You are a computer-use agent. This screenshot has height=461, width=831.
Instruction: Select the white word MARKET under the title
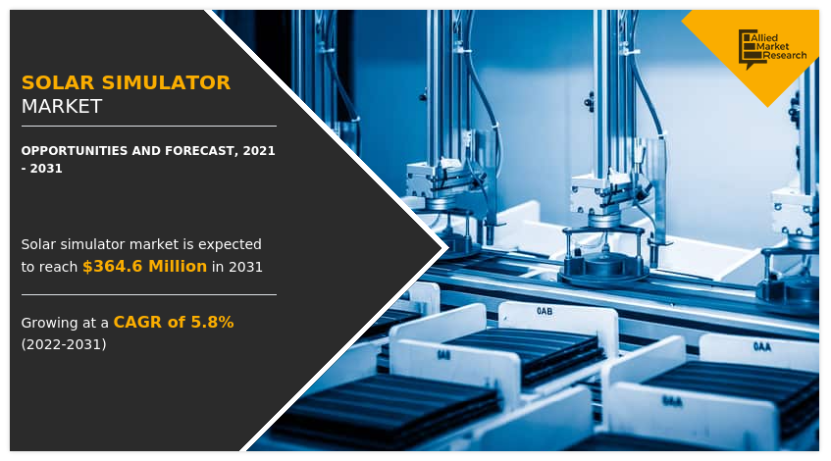[62, 107]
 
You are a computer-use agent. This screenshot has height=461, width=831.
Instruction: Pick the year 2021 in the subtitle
[259, 151]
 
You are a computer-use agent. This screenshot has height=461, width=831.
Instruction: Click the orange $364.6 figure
[113, 267]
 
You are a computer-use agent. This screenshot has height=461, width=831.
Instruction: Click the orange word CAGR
[136, 322]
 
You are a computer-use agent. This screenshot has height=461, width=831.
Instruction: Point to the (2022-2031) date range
[64, 344]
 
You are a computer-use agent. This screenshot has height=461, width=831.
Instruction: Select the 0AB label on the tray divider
[545, 311]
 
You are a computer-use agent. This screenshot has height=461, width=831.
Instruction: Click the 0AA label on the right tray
[762, 346]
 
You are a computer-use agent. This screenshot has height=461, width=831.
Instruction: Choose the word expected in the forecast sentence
[230, 244]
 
